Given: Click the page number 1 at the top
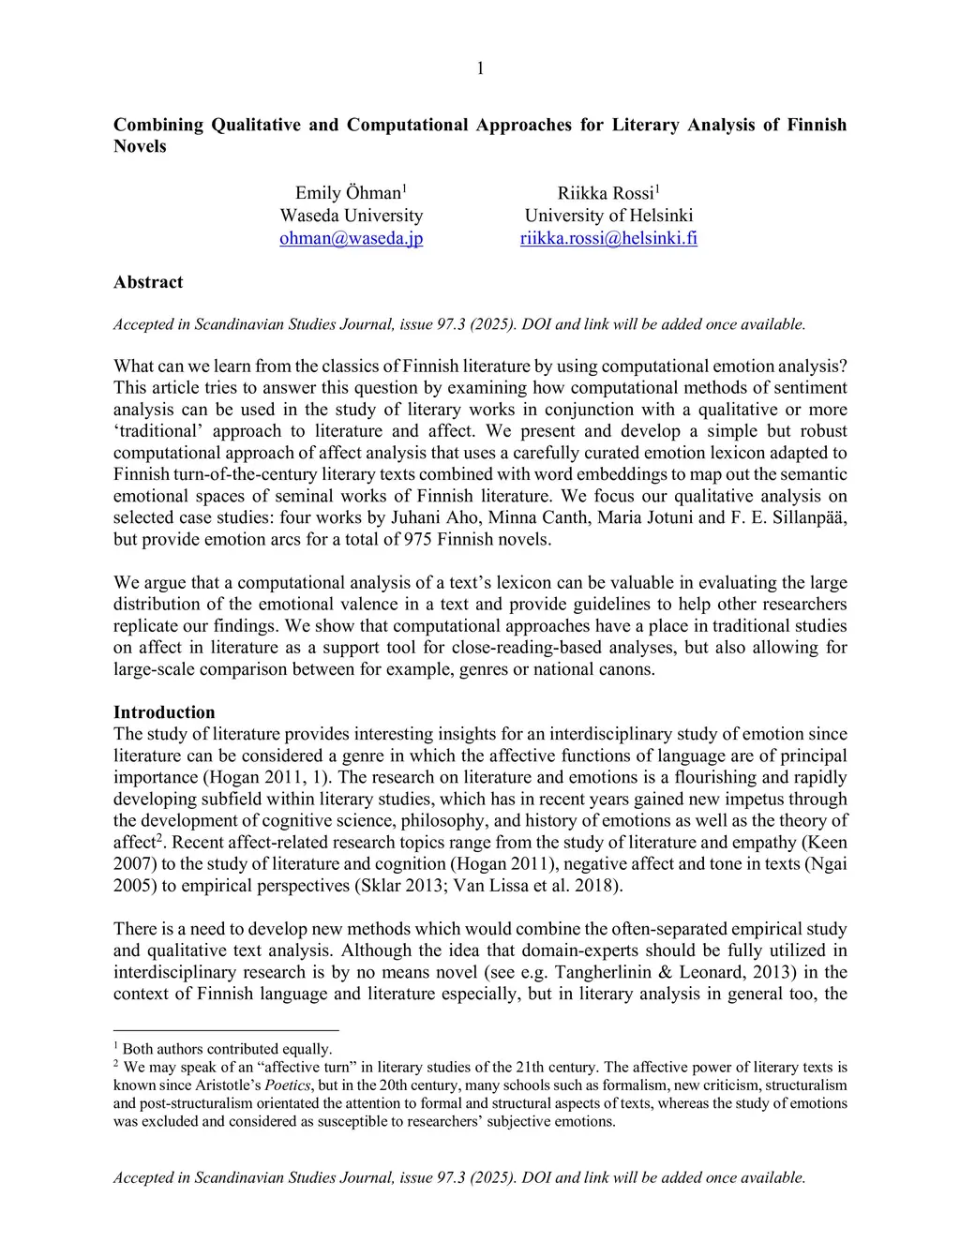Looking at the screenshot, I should [480, 67].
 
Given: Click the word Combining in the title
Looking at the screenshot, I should [157, 125].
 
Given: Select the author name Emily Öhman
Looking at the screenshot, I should [347, 193].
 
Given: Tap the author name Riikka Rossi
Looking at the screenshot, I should [605, 193].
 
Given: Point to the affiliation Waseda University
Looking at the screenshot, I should [352, 216].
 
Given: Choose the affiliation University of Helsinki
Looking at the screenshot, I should [608, 216].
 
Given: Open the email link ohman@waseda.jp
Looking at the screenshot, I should [352, 238].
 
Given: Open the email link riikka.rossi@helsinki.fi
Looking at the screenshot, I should [608, 238].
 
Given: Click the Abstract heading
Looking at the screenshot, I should [148, 282].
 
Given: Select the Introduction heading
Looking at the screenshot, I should [164, 712].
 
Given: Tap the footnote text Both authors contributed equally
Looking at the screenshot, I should [228, 1049].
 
